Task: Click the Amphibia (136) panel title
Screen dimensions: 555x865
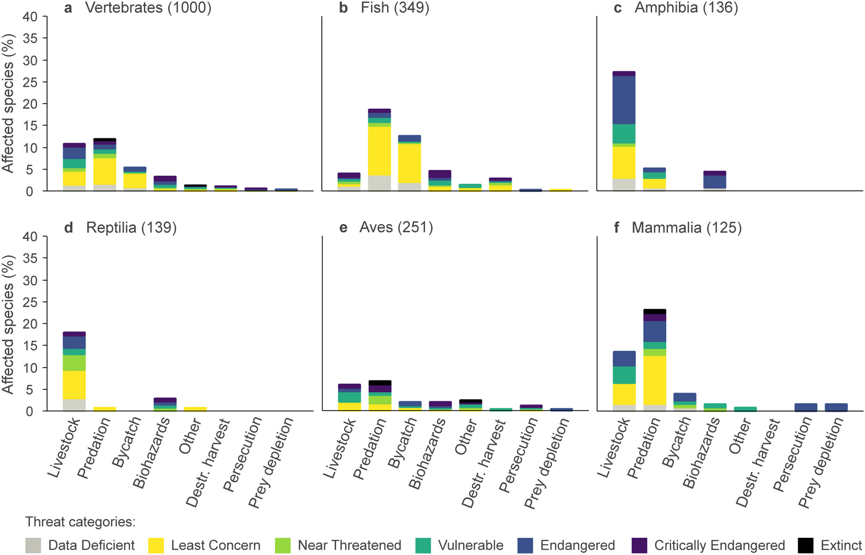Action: point(686,8)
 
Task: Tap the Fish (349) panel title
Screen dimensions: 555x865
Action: point(395,8)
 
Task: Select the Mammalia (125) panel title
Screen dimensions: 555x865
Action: point(686,227)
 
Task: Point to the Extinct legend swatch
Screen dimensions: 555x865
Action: point(805,545)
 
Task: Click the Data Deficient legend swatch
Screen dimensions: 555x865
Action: point(33,545)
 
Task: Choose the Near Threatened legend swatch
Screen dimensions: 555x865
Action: point(282,545)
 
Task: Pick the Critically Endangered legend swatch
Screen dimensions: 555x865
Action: point(639,545)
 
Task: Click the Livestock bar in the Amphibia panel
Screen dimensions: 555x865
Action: point(624,131)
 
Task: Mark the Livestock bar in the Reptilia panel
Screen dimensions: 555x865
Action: point(74,371)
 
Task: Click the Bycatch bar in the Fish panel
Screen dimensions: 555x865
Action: point(409,163)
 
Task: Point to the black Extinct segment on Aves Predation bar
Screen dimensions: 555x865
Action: point(380,383)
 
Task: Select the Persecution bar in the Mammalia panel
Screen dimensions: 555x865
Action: point(806,407)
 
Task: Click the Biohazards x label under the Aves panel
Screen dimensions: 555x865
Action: point(427,454)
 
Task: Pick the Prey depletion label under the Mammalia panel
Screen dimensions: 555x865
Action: point(821,463)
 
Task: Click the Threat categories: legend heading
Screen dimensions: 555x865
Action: point(80,522)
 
